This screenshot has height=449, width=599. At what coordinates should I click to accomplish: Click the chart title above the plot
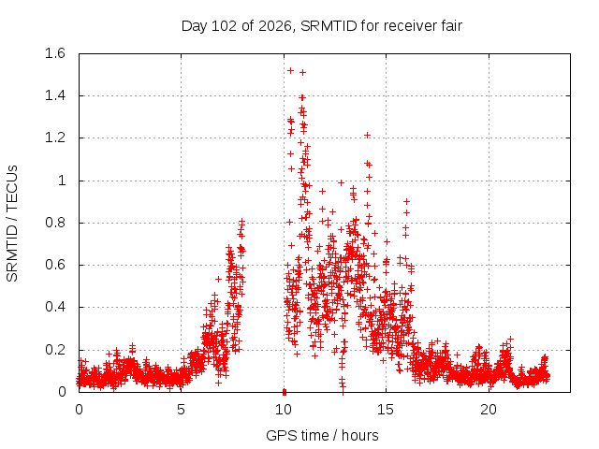tap(322, 26)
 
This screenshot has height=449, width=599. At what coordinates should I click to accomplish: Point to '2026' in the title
tap(275, 26)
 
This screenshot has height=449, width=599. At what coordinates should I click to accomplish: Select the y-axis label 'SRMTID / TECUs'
tap(12, 224)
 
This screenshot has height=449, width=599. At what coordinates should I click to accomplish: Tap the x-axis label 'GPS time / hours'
tap(322, 435)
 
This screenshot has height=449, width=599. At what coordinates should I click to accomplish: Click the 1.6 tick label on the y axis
tap(55, 53)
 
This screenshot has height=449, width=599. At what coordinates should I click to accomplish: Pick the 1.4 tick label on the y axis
tap(55, 95)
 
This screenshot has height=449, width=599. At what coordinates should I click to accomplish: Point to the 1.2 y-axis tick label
tap(55, 138)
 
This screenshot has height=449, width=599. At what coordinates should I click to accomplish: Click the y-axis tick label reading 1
tap(62, 181)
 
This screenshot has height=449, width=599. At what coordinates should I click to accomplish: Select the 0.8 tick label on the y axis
tap(55, 223)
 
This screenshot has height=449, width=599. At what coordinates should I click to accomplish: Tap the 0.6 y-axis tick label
tap(55, 265)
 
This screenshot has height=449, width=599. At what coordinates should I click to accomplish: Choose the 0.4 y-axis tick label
tap(55, 308)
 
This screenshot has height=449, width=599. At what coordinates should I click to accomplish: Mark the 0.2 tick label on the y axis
tap(55, 350)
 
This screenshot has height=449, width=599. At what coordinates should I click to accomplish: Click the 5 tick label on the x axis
tap(181, 410)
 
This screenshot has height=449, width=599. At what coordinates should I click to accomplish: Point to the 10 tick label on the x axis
tap(284, 410)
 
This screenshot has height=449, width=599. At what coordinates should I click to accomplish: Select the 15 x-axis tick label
tap(386, 410)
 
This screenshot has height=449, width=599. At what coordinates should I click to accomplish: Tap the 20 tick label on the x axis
tap(489, 410)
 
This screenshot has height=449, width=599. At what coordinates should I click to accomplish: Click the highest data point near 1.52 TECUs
tap(290, 71)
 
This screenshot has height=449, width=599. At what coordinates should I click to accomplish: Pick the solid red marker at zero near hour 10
tap(285, 392)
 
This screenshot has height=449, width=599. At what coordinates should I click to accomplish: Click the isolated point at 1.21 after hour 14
tap(367, 135)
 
